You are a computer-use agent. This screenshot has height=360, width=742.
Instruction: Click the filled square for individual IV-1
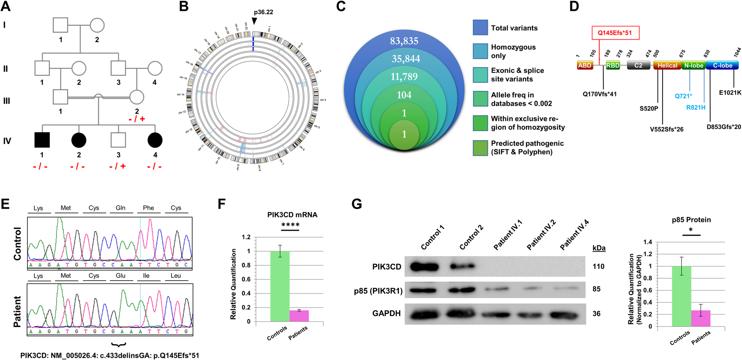pos(42,140)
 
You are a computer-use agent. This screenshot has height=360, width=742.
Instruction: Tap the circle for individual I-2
pos(97,25)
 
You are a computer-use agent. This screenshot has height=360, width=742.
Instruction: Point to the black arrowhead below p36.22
pos(254,21)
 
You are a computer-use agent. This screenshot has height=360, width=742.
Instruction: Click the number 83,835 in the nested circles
pos(404,41)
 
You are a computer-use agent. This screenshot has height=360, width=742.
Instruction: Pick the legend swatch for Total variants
pos(480,27)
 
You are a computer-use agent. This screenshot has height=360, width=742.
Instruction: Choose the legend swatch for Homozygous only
pos(480,51)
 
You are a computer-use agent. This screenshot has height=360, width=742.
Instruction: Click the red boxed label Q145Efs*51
pos(615,33)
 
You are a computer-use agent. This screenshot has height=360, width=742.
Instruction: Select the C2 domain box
pos(638,65)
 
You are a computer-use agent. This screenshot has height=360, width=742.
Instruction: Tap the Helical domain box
pos(667,65)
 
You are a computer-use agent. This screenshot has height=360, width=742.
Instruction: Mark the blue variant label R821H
pos(696,107)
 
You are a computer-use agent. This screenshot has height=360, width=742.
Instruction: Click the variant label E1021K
pos(730,93)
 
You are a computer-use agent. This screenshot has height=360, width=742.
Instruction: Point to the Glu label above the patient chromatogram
pos(121,276)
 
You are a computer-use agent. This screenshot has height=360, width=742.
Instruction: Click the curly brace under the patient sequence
pos(119,345)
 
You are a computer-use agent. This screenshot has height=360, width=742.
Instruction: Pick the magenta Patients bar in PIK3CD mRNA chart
pos(299,316)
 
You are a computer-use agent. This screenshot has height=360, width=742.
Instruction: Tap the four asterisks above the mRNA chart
pos(290,225)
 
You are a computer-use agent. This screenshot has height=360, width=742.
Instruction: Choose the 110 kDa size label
pos(598,266)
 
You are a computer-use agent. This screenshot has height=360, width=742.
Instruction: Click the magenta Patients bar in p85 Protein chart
pos(701,318)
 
